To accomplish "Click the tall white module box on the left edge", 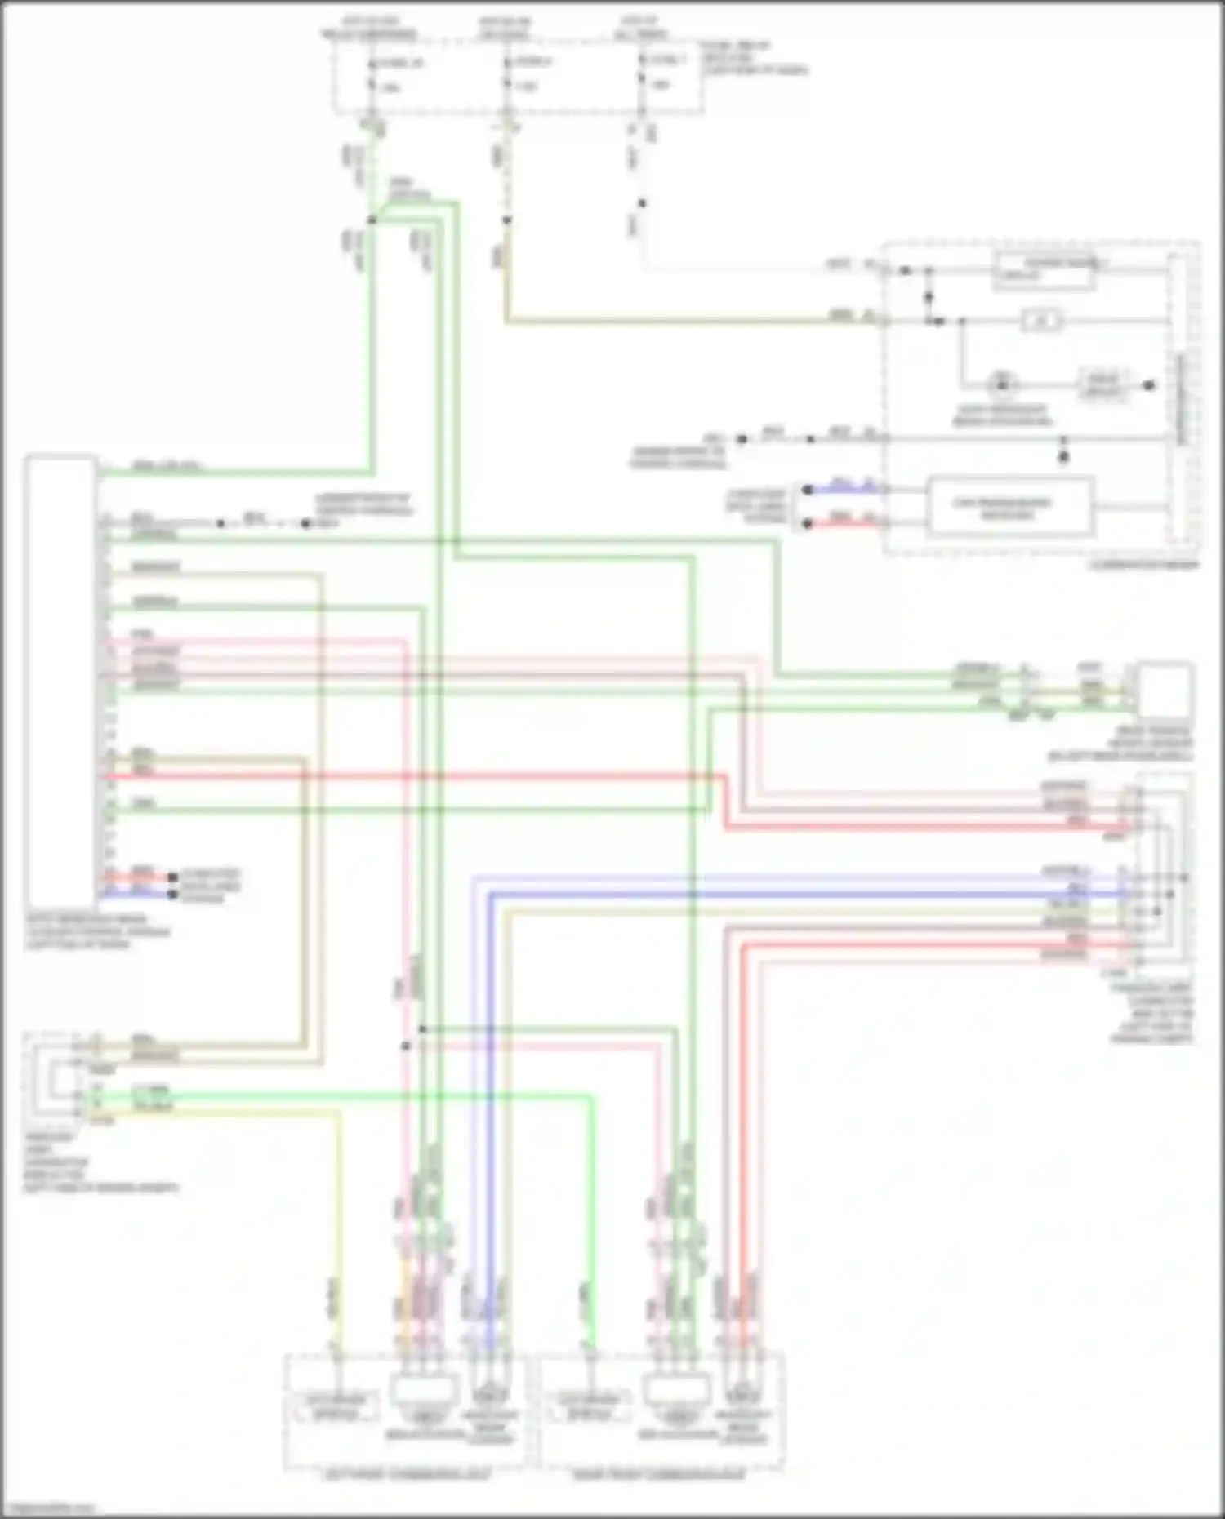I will [x=60, y=677].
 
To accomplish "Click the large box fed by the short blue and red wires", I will [x=1010, y=508].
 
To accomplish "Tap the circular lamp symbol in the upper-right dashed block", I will [x=1001, y=384].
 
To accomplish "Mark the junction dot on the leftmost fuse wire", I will [x=372, y=220].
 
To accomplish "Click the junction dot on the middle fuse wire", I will [x=506, y=220].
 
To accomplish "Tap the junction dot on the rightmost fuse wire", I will [x=642, y=203].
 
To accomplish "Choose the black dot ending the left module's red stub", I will [x=172, y=877].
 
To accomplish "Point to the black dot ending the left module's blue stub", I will [x=172, y=895].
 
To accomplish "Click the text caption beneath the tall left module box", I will [x=98, y=931].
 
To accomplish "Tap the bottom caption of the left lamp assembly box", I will [x=409, y=1476].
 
